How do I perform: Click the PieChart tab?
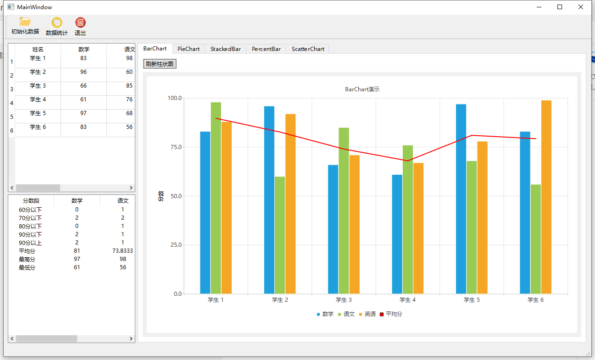[189, 49]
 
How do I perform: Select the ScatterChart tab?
[308, 49]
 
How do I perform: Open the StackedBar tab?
[226, 49]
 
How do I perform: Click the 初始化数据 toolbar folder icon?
[25, 22]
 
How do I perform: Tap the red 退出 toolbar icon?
[80, 22]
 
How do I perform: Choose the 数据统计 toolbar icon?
[57, 22]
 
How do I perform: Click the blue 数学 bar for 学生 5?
[461, 199]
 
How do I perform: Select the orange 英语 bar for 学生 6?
[546, 197]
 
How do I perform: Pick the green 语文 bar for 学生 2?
[280, 235]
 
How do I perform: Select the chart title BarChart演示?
[362, 89]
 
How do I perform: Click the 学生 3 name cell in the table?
[38, 86]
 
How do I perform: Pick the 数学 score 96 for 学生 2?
[83, 72]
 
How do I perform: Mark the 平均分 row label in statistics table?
[27, 251]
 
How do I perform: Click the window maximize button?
[560, 7]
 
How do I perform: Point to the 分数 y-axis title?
[161, 196]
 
